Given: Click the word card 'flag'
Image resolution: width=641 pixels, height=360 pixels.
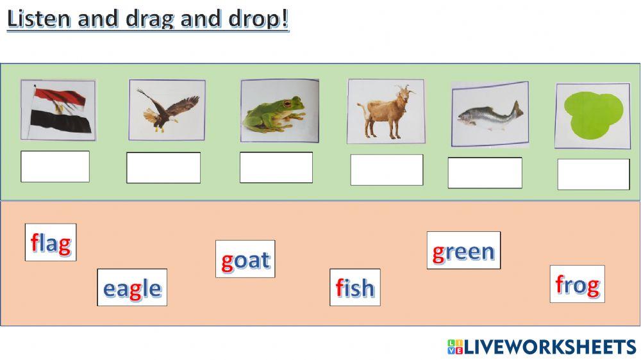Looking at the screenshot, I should click(51, 242).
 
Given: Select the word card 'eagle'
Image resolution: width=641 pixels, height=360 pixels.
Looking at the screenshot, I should click(132, 288).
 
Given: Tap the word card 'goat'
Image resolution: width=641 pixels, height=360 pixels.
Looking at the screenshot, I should click(245, 259).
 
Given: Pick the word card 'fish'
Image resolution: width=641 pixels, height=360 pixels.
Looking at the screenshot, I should click(354, 288).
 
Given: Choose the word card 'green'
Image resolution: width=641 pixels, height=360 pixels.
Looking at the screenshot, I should click(463, 250).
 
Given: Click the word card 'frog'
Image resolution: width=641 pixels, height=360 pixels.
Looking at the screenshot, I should click(577, 284).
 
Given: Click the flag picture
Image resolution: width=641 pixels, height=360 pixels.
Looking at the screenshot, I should click(58, 110).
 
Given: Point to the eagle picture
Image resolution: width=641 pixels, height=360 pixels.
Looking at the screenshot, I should click(167, 110).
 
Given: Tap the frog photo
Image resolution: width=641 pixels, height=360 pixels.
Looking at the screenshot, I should click(279, 111).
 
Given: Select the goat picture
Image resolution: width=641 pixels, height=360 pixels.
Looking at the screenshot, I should click(386, 111).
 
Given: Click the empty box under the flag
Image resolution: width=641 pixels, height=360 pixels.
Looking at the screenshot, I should click(55, 167).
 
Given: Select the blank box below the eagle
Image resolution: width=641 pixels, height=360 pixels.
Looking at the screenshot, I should click(163, 168).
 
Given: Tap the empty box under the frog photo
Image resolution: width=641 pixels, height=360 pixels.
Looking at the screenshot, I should click(276, 167).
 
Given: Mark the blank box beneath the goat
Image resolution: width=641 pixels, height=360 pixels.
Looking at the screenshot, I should click(387, 170).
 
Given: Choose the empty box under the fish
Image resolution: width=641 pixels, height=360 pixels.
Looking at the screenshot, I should click(485, 173).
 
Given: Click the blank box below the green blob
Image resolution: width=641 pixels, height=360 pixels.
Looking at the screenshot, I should click(594, 174).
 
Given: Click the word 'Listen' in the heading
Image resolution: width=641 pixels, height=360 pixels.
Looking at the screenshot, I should click(38, 19).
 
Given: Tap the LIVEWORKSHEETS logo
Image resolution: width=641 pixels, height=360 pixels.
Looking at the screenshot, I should click(542, 347).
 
